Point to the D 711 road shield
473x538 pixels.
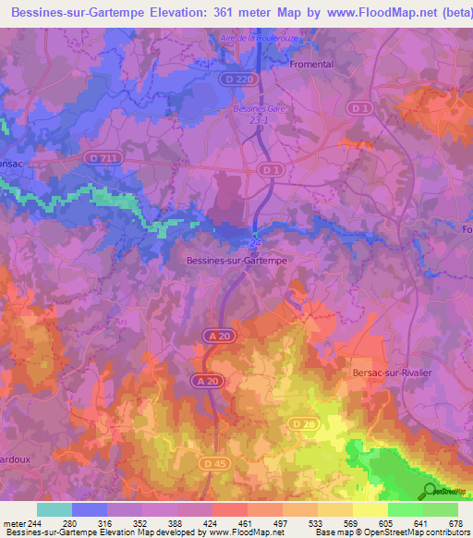point(103,159)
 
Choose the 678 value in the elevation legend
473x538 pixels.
point(456,522)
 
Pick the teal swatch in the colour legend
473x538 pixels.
point(55,509)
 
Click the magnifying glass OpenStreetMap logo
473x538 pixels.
point(429,491)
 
